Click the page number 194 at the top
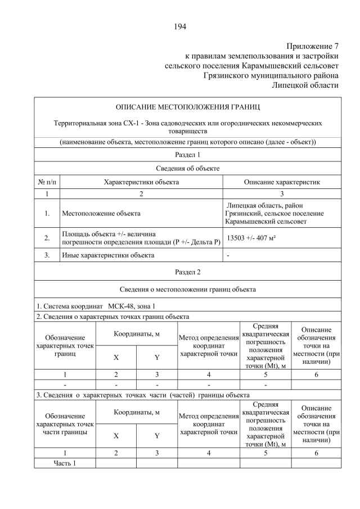[x=180, y=26]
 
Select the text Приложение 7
[x=312, y=46]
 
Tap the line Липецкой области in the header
[x=305, y=84]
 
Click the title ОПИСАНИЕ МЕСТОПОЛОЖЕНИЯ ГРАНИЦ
[x=188, y=106]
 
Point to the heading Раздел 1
[x=188, y=154]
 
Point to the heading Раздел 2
[x=188, y=272]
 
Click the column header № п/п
[x=47, y=182]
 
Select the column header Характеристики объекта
[x=141, y=182]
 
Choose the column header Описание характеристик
[x=281, y=182]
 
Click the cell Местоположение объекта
[x=101, y=214]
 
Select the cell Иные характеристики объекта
[x=107, y=255]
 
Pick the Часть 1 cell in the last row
[x=64, y=463]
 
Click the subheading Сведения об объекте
[x=188, y=168]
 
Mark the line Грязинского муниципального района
[x=271, y=75]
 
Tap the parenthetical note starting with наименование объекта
[x=188, y=142]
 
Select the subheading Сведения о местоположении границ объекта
[x=188, y=289]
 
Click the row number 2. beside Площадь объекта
[x=47, y=238]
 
